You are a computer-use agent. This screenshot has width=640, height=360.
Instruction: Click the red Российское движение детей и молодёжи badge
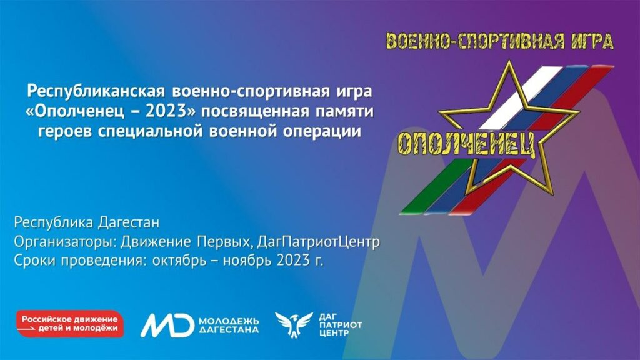pos(70,324)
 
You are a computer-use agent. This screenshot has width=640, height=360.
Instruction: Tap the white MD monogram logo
pos(167,325)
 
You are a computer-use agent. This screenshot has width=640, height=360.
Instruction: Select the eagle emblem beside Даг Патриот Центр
pos(294,324)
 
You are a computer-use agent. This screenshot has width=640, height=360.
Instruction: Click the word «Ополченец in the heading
pos(75,111)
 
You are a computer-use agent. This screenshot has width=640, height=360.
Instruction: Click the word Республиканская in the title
pos(96,91)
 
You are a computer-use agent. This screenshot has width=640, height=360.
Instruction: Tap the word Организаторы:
pos(65,242)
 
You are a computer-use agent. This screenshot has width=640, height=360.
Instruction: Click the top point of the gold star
pos(509,61)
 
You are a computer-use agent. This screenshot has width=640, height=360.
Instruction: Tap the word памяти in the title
pos(344,111)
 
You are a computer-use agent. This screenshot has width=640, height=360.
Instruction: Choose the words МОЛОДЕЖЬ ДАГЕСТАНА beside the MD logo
pos(229,325)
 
